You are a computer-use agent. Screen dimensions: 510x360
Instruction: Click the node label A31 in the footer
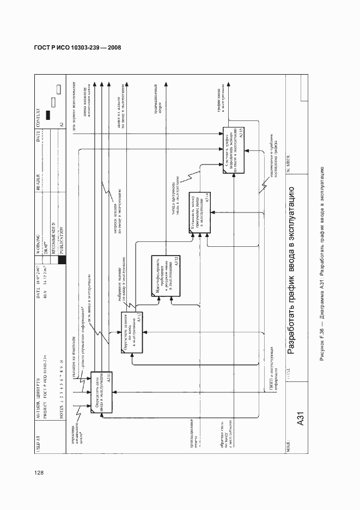300,424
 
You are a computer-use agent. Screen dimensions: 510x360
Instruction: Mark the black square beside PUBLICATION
62,259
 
